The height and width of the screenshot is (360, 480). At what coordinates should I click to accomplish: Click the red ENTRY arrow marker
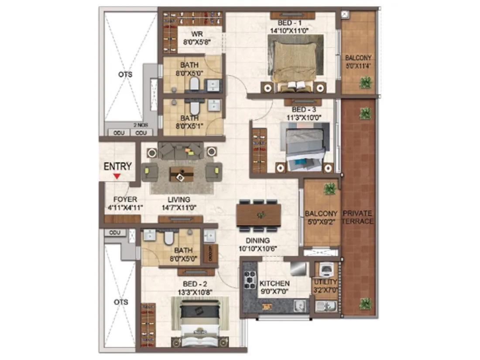point(117,176)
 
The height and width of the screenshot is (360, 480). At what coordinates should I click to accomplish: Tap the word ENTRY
point(117,166)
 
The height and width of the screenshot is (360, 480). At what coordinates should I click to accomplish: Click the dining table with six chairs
point(258,215)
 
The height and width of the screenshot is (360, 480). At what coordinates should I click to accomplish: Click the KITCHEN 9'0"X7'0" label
point(274,286)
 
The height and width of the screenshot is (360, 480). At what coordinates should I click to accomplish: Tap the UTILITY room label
point(325,286)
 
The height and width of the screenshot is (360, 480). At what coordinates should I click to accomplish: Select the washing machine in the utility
point(326,270)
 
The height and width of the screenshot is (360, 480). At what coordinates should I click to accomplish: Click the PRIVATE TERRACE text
point(358,217)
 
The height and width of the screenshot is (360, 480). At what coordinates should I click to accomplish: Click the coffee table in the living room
point(182,174)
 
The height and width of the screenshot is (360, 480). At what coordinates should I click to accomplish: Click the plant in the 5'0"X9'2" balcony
point(330,189)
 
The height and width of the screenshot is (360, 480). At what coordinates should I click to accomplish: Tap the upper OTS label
point(125,75)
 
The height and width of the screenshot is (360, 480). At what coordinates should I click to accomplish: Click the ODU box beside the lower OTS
point(115,233)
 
